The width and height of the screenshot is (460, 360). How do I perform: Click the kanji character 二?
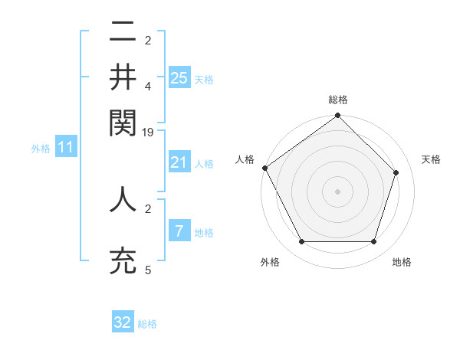123,33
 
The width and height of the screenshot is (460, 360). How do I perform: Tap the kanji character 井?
123,77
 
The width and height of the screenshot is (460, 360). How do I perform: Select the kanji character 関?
123,123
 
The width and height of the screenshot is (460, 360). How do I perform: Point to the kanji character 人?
123,199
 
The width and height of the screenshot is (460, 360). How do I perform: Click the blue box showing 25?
179,78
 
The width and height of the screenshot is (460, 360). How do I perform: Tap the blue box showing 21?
179,162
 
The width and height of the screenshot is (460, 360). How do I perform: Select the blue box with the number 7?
179,231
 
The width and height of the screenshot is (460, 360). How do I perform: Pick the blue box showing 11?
65,148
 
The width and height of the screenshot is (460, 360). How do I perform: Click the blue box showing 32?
123,322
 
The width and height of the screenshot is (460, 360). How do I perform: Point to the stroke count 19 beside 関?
148,133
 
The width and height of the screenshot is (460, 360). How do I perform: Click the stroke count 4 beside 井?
148,87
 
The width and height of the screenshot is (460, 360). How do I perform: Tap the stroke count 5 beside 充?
148,270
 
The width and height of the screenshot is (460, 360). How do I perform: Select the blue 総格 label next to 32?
147,324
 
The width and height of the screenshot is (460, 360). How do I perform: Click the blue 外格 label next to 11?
40,149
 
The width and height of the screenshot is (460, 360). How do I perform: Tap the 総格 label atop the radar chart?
337,100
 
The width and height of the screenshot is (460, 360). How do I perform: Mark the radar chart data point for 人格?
265,168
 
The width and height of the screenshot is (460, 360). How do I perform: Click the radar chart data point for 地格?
373,241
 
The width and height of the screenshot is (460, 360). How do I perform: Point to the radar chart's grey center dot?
337,191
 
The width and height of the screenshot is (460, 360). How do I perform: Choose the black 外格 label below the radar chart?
270,263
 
